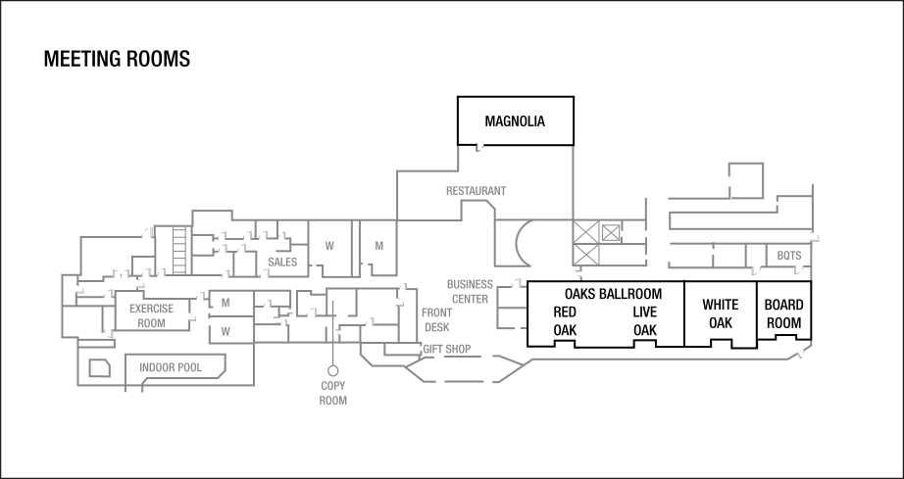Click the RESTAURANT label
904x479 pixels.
tap(476, 190)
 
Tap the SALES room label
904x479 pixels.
tap(282, 263)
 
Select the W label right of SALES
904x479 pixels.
tap(329, 246)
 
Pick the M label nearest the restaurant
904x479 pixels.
tap(378, 246)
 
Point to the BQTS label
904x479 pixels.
tap(789, 257)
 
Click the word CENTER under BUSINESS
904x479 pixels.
tap(471, 299)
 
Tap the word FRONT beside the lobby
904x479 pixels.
tap(437, 312)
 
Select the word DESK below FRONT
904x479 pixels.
tap(437, 327)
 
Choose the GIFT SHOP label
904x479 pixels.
tap(446, 349)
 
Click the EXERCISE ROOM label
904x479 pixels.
tap(151, 315)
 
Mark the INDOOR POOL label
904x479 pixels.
tap(171, 368)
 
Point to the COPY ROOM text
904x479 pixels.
tap(333, 394)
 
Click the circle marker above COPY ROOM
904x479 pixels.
tap(333, 370)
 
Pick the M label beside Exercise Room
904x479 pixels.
tap(226, 302)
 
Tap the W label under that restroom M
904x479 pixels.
tap(226, 331)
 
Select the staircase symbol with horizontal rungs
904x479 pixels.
tap(179, 250)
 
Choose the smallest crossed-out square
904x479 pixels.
tap(612, 232)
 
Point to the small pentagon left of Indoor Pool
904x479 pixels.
tap(99, 368)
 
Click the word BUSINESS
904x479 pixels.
tap(470, 284)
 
